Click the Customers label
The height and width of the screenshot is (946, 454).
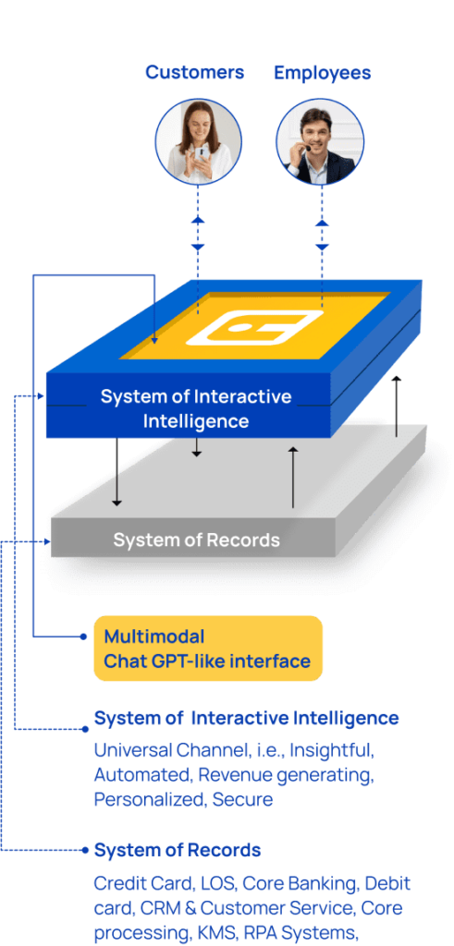194,72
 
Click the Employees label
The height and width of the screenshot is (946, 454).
323,73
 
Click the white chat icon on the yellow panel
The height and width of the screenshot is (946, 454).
254,330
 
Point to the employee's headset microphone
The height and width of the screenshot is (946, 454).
307,149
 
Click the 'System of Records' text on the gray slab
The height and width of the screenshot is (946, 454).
196,540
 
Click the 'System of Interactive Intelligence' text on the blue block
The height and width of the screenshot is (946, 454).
196,408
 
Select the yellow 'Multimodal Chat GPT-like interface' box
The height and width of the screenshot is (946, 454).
208,648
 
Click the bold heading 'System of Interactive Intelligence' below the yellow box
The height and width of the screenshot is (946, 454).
246,718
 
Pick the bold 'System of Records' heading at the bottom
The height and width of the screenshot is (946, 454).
178,851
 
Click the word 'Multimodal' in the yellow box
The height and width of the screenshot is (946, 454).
153,637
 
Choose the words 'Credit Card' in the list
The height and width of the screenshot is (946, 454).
143,884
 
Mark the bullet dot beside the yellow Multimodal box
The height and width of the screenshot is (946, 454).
84,637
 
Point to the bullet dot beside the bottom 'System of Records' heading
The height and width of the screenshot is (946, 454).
84,851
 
